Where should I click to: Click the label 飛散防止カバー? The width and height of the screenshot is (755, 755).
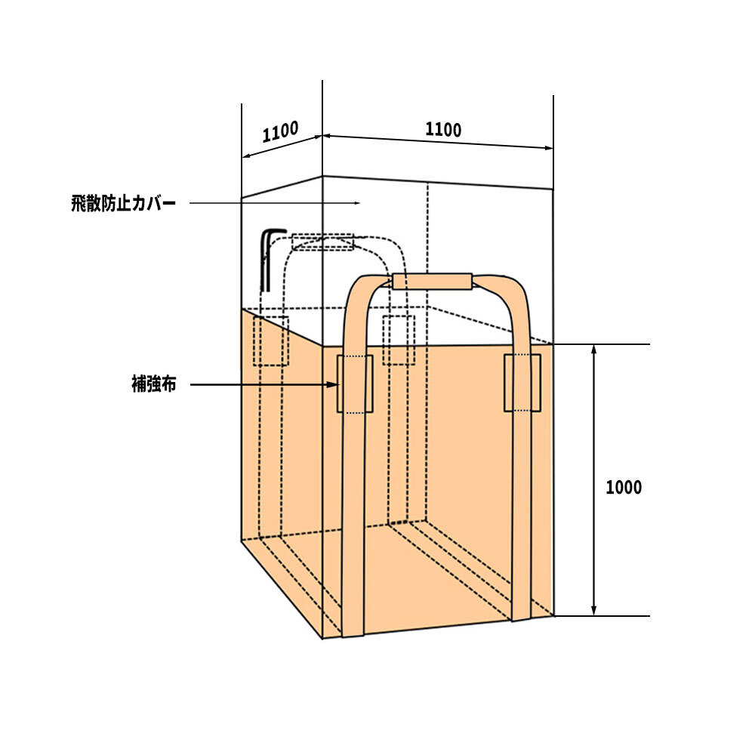(123, 203)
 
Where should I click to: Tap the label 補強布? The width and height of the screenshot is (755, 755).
(153, 384)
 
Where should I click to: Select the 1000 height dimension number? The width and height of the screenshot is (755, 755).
(624, 487)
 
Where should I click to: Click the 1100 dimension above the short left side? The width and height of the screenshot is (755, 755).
(280, 131)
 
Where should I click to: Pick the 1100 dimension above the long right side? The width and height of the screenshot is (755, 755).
(443, 130)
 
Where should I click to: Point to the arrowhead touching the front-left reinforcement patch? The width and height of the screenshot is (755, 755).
(332, 384)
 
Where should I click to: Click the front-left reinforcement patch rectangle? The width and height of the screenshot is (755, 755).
(355, 384)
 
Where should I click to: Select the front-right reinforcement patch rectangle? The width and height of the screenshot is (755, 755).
(522, 383)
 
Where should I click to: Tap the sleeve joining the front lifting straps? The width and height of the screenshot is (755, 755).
(432, 281)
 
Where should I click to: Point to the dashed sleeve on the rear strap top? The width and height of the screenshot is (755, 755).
(322, 242)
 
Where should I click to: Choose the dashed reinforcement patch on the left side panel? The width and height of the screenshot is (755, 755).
(270, 341)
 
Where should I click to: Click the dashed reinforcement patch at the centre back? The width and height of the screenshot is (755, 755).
(399, 340)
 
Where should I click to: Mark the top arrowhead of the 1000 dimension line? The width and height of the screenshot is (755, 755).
(593, 349)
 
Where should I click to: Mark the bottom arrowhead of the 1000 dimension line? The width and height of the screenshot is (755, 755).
(593, 611)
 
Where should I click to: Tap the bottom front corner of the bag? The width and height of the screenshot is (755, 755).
(322, 639)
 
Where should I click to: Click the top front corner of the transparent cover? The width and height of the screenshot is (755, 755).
(322, 176)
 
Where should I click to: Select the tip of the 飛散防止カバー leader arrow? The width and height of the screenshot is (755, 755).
(360, 203)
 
